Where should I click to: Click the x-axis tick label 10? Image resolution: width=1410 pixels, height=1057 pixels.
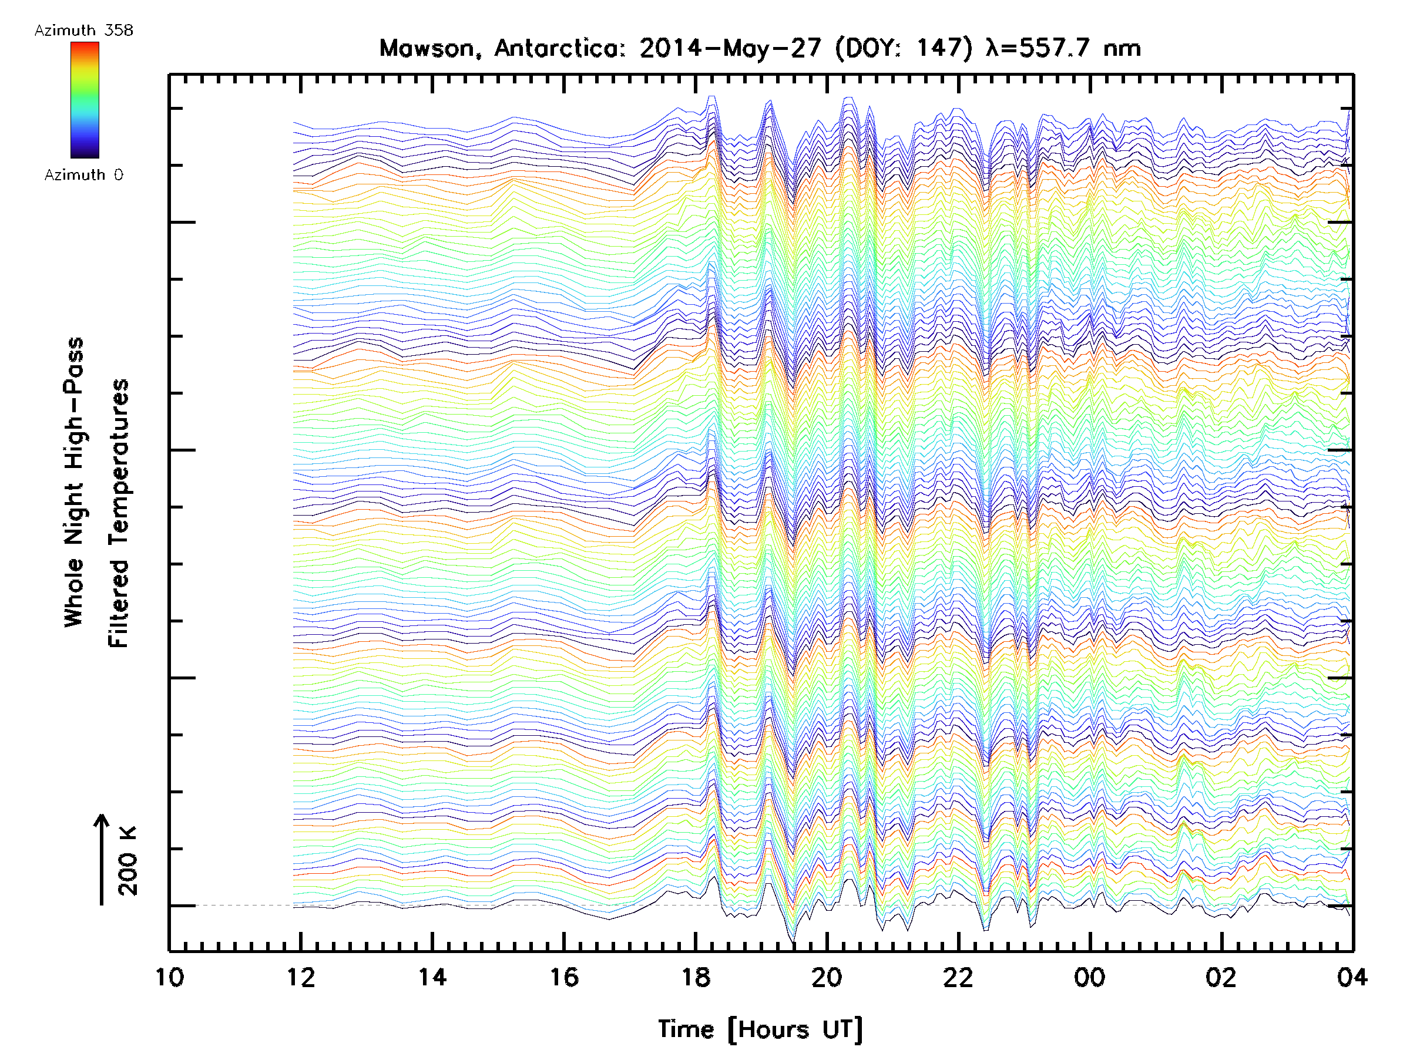click(x=170, y=977)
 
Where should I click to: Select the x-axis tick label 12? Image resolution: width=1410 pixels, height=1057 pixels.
click(x=300, y=977)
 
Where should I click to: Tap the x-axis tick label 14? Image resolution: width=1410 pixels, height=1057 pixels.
click(x=432, y=977)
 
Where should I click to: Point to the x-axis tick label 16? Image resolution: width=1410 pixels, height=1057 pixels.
click(x=563, y=977)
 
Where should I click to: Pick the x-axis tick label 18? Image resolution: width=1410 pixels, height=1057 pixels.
click(x=696, y=977)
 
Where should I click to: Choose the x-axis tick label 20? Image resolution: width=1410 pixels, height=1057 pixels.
click(x=827, y=977)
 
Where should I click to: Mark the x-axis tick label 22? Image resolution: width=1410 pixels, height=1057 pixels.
click(x=958, y=977)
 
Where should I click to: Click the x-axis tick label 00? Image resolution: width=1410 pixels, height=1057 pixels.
click(x=1089, y=977)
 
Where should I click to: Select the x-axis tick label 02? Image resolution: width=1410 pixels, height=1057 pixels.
click(x=1221, y=977)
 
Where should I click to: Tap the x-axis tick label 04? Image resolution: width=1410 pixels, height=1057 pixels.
click(x=1352, y=977)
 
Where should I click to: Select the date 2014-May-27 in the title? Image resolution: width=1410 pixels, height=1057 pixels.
click(x=730, y=48)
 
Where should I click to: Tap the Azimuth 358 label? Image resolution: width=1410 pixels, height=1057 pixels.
click(x=83, y=31)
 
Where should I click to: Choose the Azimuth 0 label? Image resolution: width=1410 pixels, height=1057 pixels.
click(x=83, y=174)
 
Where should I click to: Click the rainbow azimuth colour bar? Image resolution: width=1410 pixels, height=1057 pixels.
click(x=85, y=100)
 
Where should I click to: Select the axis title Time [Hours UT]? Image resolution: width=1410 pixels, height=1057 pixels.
click(x=760, y=1029)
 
